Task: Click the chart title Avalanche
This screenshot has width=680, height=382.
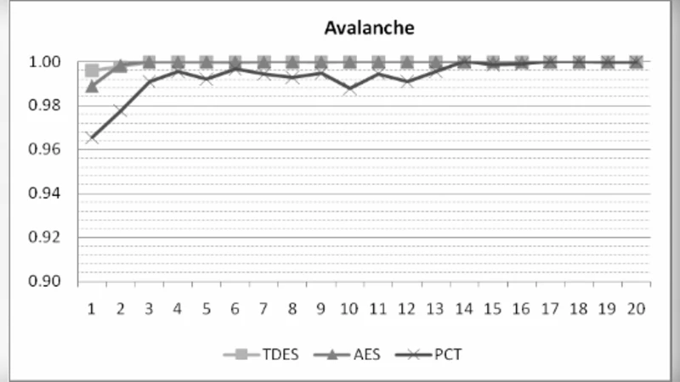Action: coord(368,28)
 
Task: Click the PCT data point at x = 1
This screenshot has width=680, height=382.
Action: coord(92,138)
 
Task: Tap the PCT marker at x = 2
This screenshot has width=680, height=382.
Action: coord(121,110)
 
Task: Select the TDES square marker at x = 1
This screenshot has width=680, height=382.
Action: coord(92,70)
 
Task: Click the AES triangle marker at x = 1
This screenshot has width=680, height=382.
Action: coord(92,86)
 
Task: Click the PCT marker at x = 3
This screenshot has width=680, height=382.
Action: coord(150,81)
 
